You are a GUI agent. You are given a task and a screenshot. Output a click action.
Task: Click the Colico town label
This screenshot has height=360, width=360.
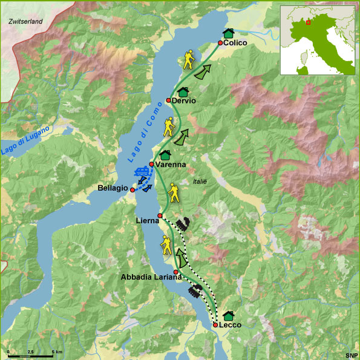pos(235,43)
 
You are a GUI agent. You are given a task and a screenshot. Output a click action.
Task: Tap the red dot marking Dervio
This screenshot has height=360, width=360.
pos(169,100)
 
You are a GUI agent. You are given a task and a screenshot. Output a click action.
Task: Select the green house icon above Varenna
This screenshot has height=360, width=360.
pos(164,155)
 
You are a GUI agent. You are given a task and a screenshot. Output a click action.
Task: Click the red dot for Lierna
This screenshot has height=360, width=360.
pos(160,216)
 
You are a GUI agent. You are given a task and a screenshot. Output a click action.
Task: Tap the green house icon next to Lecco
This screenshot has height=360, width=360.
pos(228,315)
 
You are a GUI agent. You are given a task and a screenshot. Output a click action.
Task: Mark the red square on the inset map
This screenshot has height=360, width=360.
pos(309,22)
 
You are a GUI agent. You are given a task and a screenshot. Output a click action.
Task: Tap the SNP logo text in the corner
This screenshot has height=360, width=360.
pos(351,355)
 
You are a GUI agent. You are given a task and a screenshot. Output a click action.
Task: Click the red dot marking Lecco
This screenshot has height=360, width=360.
pos(215,325)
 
